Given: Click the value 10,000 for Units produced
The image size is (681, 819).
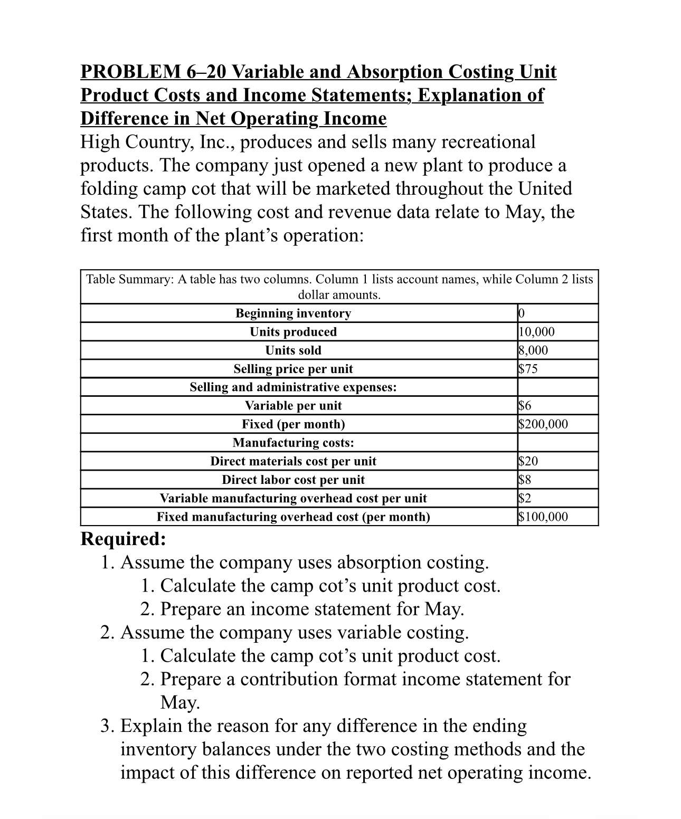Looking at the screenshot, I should pos(536,332).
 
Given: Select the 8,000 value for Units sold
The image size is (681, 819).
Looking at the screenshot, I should pos(533,350).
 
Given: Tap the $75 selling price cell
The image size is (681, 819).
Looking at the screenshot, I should pos(528,369).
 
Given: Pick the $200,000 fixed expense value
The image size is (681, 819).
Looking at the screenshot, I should pos(543,424).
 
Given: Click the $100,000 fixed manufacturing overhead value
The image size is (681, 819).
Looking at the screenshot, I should pos(543,517).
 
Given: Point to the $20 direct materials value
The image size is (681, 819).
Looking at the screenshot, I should pos(528,461).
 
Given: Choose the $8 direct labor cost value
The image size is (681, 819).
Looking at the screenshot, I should pos(525,480).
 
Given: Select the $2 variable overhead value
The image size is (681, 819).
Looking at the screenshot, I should pos(525,498).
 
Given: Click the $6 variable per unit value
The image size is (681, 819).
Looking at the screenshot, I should pos(525,406).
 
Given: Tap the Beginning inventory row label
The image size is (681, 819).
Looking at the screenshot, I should pos(293,313).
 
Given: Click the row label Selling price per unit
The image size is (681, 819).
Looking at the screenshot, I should pos(293,369).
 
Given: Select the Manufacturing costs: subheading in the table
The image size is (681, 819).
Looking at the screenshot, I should pos(293,443).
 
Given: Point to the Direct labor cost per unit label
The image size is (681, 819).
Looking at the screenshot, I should pos(293,480).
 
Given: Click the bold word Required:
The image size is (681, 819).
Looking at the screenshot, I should pos(123,539).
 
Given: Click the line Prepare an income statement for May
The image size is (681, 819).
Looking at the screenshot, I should pos(312,609).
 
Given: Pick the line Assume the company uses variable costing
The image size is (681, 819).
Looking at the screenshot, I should pos(295,632).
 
